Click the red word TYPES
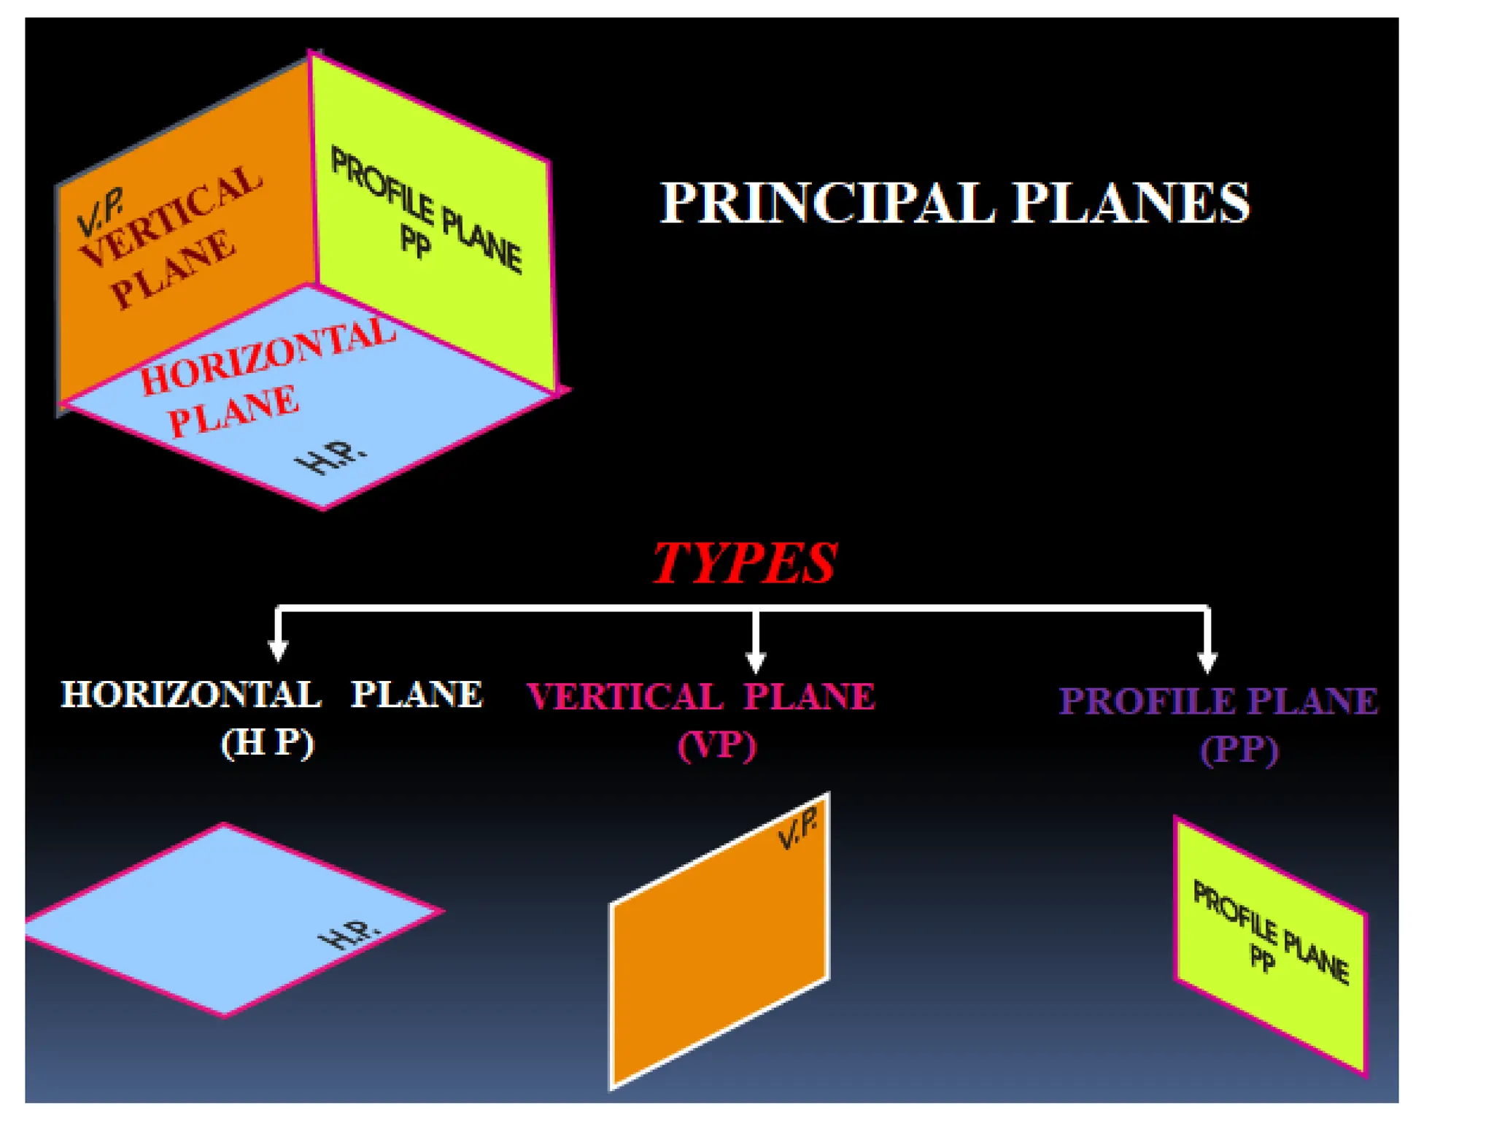pos(744,563)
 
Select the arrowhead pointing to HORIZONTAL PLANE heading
pos(278,649)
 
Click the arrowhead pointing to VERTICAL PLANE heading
pos(756,661)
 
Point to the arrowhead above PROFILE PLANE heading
pos(1207,661)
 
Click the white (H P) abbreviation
pos(268,743)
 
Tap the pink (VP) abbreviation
pos(717,746)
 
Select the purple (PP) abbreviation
pos(1239,750)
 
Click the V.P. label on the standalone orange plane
pos(797,831)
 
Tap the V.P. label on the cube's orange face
pos(101,212)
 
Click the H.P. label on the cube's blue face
pos(330,457)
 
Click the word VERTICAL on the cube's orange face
pos(171,215)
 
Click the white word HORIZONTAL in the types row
pos(190,694)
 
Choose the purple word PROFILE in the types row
pos(1147,701)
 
